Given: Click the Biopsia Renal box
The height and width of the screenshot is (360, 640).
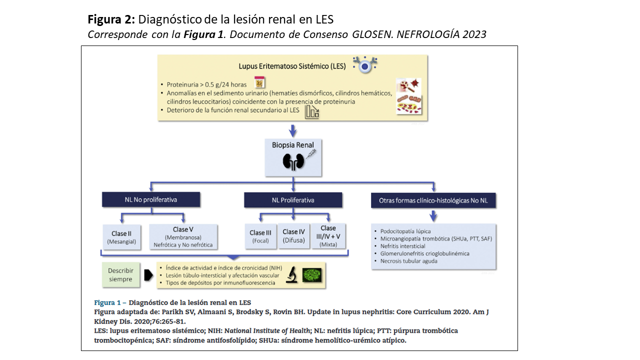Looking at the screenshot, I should pos(293,157).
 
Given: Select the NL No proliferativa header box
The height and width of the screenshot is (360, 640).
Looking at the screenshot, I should pos(150,199).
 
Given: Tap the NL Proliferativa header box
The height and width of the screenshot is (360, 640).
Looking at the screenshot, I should pos(293,200).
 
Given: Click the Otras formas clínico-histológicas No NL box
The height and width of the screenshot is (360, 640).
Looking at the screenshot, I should pos(433,201).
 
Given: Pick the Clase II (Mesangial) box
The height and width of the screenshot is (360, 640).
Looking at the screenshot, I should pos(119,237).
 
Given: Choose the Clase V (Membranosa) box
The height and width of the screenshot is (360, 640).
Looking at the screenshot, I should pos(183,237).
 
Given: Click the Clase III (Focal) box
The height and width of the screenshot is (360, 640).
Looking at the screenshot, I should pos(260,236).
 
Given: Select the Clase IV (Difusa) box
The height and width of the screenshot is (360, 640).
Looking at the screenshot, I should pos(293,235).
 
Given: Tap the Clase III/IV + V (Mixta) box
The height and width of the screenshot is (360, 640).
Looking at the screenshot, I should pos(328,236).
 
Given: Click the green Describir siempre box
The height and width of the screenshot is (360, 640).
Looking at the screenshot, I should pos(120,274).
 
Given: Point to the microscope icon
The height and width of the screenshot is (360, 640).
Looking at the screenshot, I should pos(292,275).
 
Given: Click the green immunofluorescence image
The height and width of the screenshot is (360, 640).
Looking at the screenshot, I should pos(312,275).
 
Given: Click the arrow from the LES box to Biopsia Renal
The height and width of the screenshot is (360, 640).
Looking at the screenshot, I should pos(293,130).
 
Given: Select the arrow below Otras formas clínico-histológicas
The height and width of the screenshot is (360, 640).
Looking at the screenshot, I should pos(433,216).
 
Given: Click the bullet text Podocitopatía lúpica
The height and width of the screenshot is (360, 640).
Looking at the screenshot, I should pos(405,231).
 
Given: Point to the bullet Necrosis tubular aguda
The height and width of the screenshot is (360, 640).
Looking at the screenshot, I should pos(408,261).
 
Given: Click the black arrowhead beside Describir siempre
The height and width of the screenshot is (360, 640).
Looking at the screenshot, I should pos(148,275).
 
